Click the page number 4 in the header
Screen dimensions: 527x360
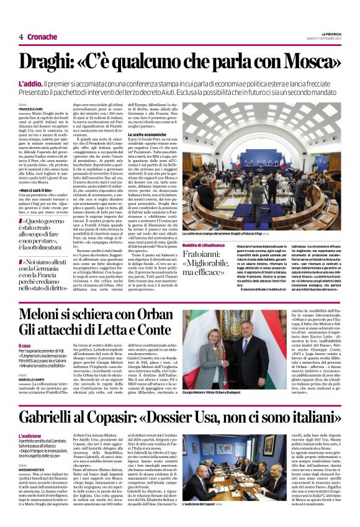click(20, 37)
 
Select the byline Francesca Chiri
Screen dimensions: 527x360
click(31, 109)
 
